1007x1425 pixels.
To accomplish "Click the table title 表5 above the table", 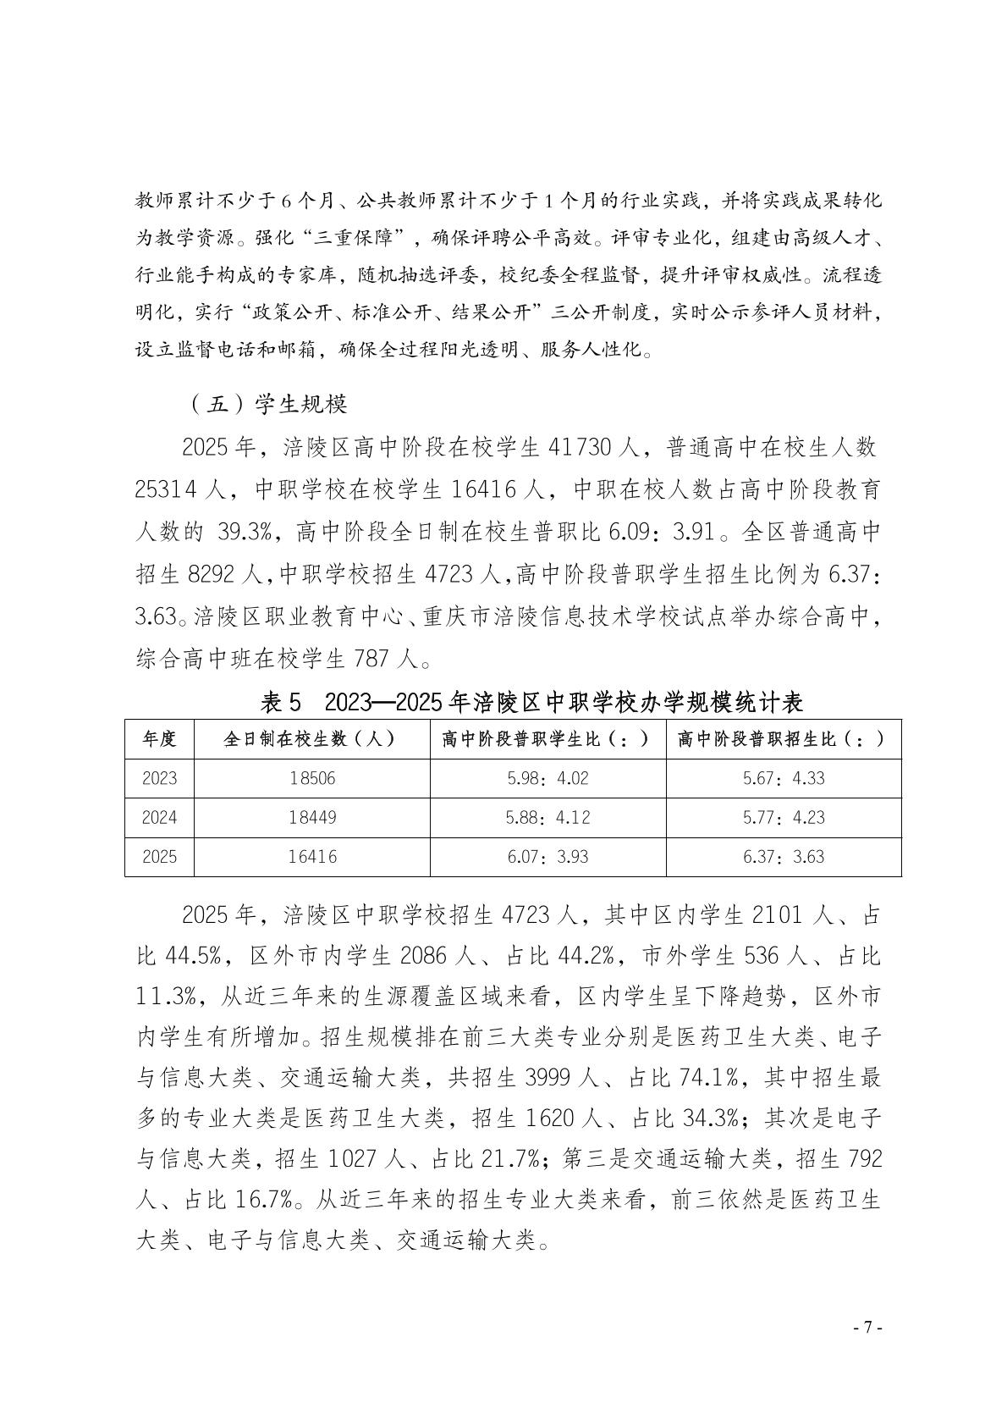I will pyautogui.click(x=282, y=701).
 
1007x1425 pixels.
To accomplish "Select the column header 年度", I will pyautogui.click(x=159, y=739).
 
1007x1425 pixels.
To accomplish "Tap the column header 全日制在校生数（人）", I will pyautogui.click(x=311, y=739).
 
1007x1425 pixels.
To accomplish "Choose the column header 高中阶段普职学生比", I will pyautogui.click(x=547, y=739).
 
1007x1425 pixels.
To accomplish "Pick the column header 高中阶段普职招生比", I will pyautogui.click(x=783, y=739).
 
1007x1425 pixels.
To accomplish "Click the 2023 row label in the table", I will pyautogui.click(x=159, y=778).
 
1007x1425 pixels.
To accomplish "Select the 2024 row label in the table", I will pyautogui.click(x=159, y=817).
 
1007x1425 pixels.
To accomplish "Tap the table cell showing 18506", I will pyautogui.click(x=311, y=778).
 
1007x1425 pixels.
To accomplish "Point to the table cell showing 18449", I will pyautogui.click(x=311, y=817).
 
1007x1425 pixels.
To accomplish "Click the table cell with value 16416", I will pyautogui.click(x=311, y=857).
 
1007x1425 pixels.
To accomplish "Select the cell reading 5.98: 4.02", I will pyautogui.click(x=548, y=778).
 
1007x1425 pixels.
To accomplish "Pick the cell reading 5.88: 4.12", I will pyautogui.click(x=548, y=817).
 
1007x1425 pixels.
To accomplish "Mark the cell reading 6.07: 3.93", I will pyautogui.click(x=548, y=857).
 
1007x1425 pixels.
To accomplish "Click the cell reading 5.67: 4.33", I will pyautogui.click(x=784, y=778).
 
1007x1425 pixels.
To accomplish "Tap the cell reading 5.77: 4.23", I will pyautogui.click(x=784, y=817).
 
